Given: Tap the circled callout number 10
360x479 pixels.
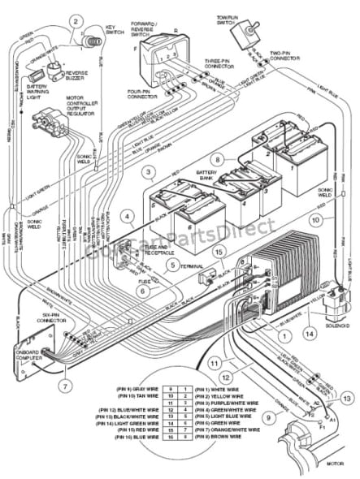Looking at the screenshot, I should pos(315,218).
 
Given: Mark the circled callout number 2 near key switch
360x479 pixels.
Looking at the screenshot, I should pos(76,21).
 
